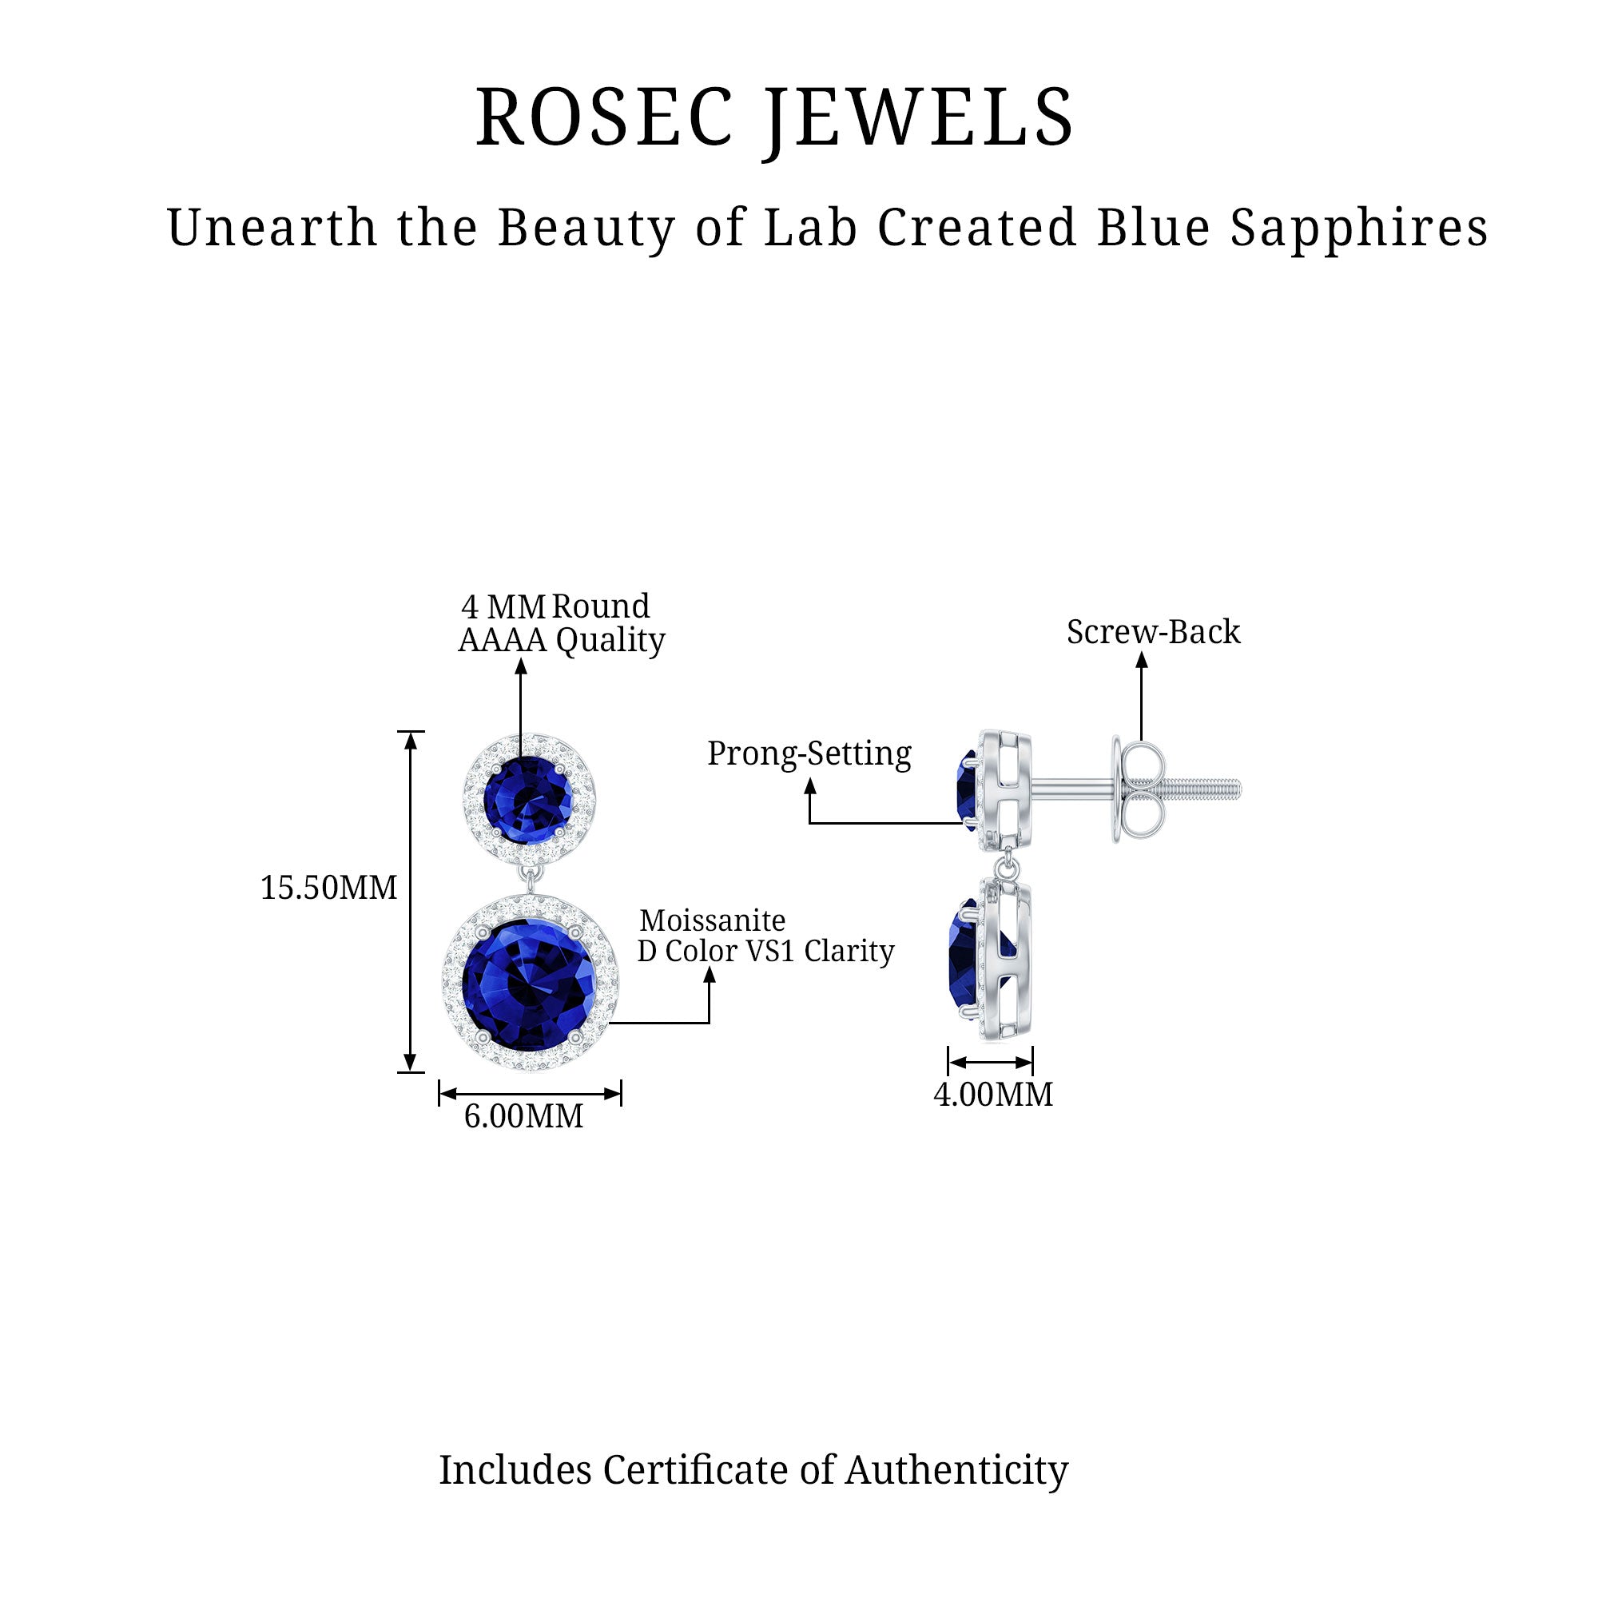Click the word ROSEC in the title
(605, 117)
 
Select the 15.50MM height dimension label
(328, 888)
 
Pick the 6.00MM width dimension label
(523, 1117)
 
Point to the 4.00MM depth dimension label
(992, 1095)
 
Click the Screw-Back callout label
(1153, 632)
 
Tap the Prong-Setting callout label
(809, 753)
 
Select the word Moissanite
(712, 920)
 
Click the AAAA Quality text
(562, 640)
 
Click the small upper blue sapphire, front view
(527, 799)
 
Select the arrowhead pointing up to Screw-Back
(1142, 659)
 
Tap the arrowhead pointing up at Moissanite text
(709, 973)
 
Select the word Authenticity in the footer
(956, 1470)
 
